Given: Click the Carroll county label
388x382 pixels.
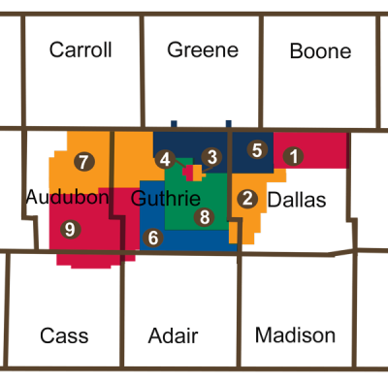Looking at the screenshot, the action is (81, 49).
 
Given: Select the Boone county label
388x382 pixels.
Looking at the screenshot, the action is (320, 50).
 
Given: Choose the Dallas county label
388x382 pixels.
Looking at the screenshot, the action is (297, 199).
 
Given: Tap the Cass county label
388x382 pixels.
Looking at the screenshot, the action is (64, 335).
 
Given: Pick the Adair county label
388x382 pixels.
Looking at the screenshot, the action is (173, 335).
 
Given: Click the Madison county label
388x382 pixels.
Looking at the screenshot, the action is (295, 335).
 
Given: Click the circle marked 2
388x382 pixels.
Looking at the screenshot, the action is (248, 199).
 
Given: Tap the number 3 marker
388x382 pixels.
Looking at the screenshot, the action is (211, 156).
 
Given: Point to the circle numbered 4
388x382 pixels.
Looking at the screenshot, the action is (166, 159).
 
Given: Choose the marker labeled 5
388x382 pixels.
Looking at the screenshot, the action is (257, 149).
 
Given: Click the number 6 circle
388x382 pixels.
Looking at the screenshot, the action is (152, 237).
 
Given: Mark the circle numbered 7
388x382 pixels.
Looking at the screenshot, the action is (84, 161).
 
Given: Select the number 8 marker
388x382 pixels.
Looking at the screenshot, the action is (203, 217).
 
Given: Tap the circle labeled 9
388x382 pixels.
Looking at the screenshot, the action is (68, 229).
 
